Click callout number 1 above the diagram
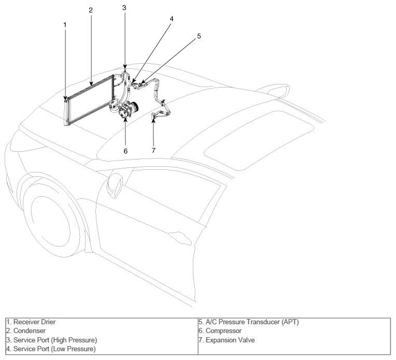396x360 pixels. click(x=65, y=25)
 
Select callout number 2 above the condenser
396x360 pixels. click(x=91, y=10)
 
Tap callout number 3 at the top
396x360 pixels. click(x=124, y=8)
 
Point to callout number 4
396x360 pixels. click(x=172, y=19)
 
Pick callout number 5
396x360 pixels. click(x=199, y=36)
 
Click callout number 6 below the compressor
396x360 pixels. click(x=125, y=151)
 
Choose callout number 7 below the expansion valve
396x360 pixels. click(x=153, y=150)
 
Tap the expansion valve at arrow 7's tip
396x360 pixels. click(x=153, y=116)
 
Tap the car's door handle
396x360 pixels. click(x=180, y=238)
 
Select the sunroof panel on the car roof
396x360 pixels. click(x=259, y=140)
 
